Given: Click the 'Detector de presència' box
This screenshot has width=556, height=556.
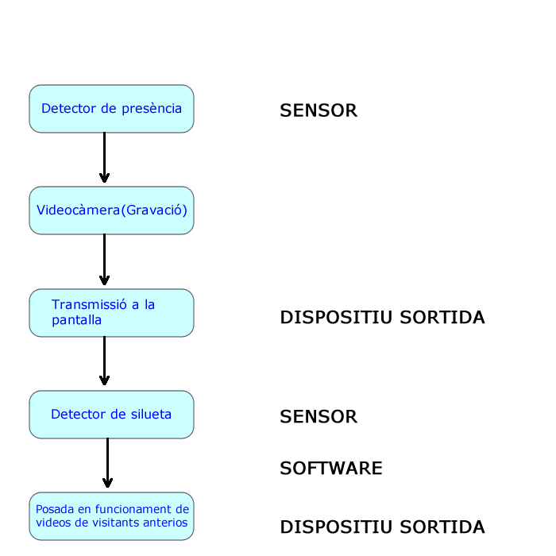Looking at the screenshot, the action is coord(111,109).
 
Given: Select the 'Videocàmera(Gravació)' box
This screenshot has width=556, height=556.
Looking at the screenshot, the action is coord(111,210).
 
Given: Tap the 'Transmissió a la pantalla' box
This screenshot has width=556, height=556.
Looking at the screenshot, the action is coord(111,313).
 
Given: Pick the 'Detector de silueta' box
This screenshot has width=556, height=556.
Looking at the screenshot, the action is coord(111,415).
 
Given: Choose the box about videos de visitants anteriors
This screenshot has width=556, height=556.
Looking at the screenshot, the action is coord(111,516).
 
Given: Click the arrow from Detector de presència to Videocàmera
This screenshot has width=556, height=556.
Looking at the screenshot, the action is coord(104,158).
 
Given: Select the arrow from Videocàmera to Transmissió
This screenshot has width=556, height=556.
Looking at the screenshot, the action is coord(104,260).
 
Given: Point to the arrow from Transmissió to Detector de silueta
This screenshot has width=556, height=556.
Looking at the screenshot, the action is coord(104,361).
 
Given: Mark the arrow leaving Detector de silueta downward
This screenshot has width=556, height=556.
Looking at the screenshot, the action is coord(107,463).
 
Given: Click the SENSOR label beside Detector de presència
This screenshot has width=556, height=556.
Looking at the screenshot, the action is coord(319,110).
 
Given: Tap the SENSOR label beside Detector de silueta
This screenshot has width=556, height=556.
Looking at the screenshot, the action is coord(319,416).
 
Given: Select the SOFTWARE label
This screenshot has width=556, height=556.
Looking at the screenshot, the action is coord(331,468).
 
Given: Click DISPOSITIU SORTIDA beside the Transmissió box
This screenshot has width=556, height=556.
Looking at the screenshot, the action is coord(382,317).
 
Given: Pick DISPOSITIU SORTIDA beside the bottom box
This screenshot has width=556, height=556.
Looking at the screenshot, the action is coord(382,527).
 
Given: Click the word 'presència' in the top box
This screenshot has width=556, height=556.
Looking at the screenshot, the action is coord(152,109).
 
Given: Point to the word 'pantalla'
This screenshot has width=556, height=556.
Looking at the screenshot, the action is coord(76,320).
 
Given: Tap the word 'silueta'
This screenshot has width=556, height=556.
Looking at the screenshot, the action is coord(151,414).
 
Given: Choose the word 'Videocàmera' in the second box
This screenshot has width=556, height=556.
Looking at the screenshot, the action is coord(79,210).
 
